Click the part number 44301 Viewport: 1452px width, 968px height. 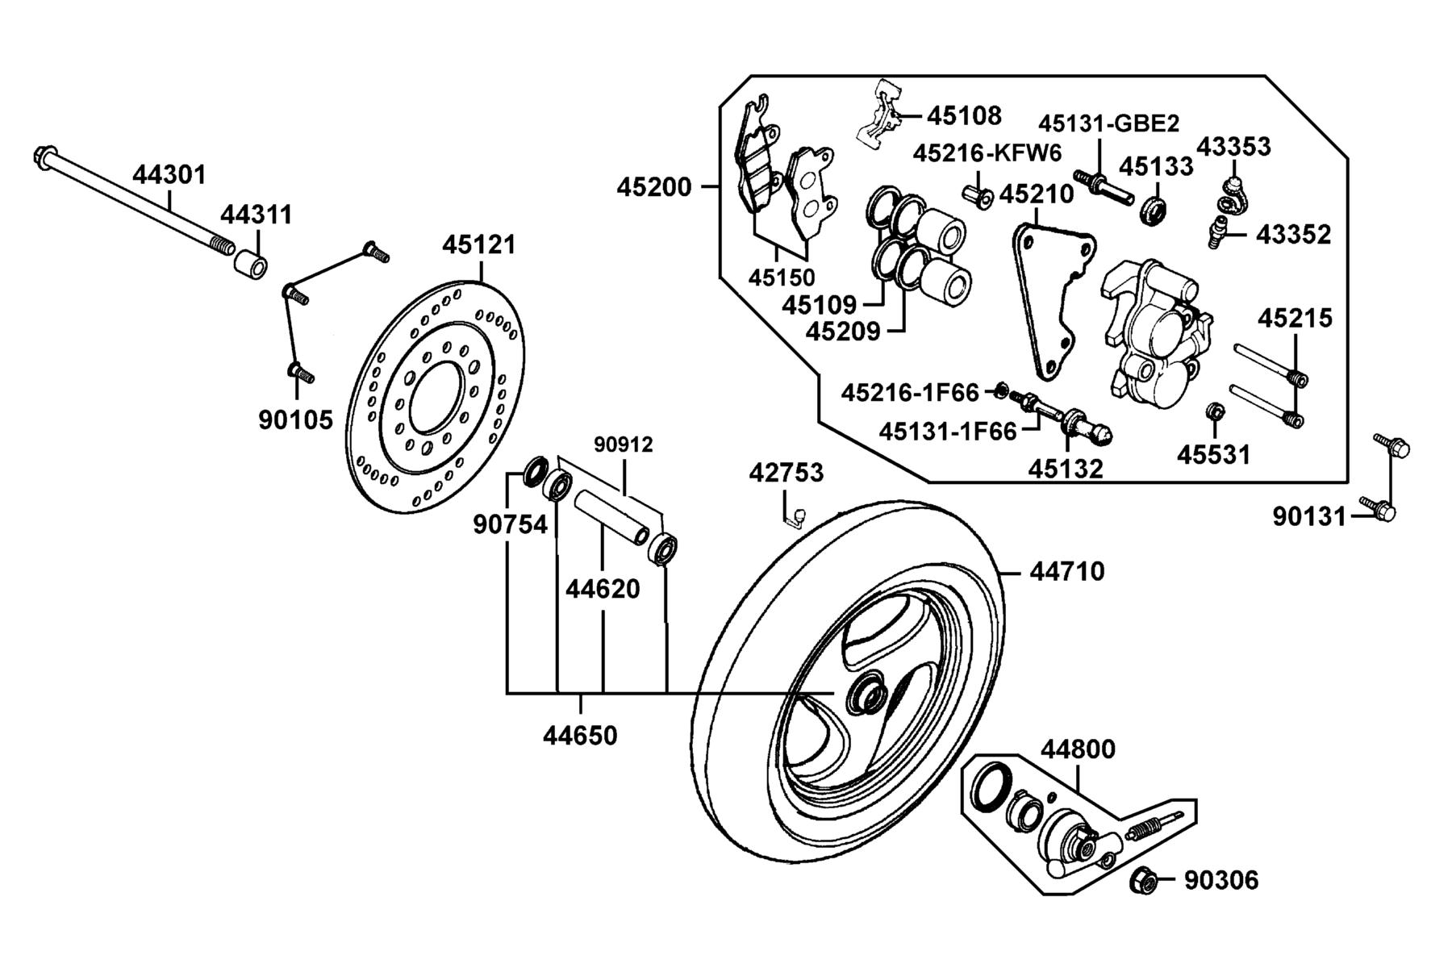click(169, 174)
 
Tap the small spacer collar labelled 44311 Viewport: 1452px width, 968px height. click(251, 264)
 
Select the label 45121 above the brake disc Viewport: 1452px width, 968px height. click(478, 244)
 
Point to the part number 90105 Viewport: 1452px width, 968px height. click(295, 419)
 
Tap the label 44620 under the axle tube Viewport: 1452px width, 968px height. click(603, 589)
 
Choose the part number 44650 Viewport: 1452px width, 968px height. click(580, 735)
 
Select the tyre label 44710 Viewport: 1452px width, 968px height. click(1067, 571)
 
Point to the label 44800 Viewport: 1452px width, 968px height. click(1078, 749)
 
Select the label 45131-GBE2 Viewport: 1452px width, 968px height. click(1108, 123)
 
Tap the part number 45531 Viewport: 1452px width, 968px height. click(1213, 455)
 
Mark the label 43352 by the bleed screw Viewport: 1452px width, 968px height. click(1294, 235)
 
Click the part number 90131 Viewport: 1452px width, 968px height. click(1310, 515)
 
